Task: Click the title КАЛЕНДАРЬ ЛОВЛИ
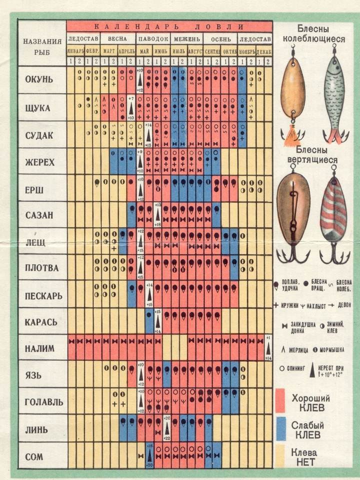[x=169, y=26]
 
